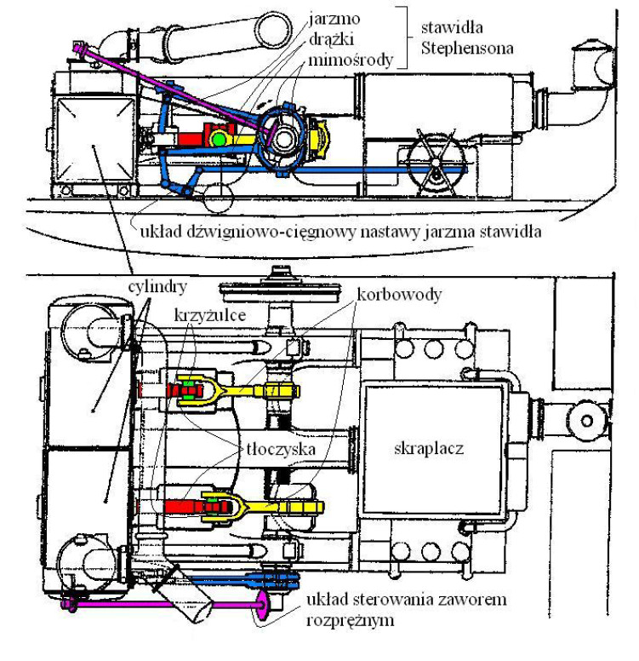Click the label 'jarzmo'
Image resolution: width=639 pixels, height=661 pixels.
coord(334,20)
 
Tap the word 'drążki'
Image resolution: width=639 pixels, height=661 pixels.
coord(331,39)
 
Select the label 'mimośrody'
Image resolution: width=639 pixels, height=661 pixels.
coord(351,60)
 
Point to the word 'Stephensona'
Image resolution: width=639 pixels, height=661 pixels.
coord(467,48)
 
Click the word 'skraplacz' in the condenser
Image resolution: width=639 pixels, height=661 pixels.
coord(429,448)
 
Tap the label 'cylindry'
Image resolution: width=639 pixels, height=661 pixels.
coord(157,287)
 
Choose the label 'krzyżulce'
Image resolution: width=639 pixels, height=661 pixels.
coord(210,315)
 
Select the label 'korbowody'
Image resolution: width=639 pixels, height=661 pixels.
coord(399,294)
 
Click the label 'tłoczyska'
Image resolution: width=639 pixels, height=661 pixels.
coord(281,449)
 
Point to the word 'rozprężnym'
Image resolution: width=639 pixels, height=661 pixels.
coord(350,620)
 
